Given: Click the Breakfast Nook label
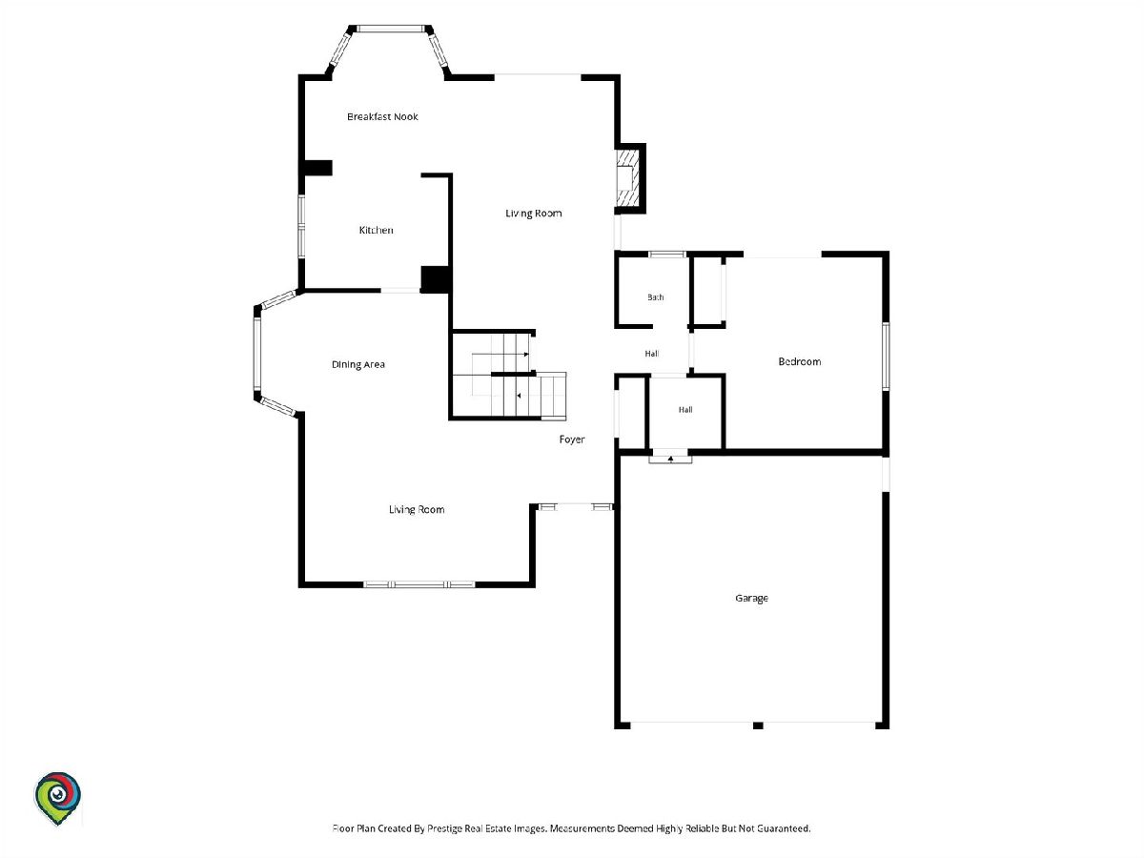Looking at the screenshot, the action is click(382, 116).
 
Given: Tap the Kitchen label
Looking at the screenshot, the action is click(376, 230).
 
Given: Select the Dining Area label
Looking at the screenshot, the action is click(358, 365).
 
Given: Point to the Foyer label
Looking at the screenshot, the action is click(572, 439).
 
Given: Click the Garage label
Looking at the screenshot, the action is click(751, 598).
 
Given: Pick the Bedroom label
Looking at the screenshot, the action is click(800, 361).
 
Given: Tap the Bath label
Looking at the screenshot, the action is click(656, 296).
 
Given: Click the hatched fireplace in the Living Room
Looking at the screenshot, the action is click(627, 177).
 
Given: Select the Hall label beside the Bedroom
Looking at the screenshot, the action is click(652, 354).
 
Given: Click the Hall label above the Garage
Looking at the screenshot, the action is click(685, 410).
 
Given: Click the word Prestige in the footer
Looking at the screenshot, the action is click(445, 828).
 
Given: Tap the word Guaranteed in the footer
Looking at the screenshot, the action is click(784, 828).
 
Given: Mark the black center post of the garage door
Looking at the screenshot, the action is click(758, 725).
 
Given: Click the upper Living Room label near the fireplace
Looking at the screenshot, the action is click(534, 213).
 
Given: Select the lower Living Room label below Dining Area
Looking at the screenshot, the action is click(417, 509).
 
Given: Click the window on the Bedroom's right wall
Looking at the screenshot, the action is click(886, 356).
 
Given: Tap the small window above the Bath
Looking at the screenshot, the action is click(667, 255).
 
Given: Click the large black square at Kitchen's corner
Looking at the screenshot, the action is click(436, 279).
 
